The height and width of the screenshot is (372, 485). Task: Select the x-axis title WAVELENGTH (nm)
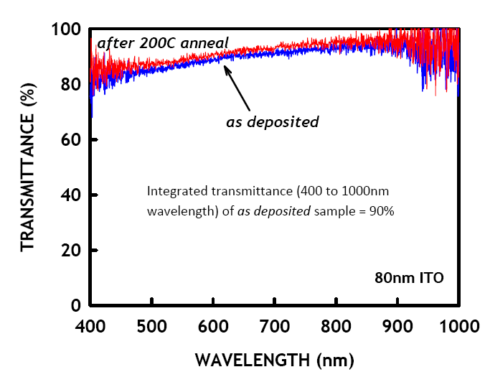click(275, 357)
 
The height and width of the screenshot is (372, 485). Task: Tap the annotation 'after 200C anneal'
click(163, 42)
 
